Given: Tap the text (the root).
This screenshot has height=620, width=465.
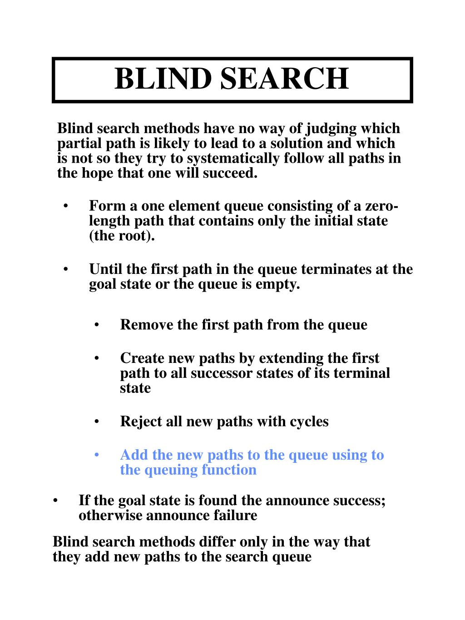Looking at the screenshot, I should (122, 236).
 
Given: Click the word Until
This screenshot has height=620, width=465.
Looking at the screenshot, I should (106, 269).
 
